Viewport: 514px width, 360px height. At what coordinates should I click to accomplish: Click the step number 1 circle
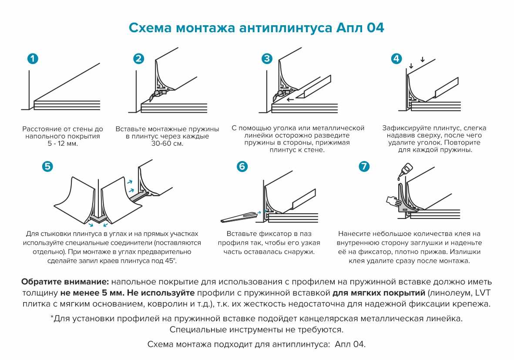pos(32,59)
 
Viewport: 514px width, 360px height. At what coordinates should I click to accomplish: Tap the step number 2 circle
pos(138,59)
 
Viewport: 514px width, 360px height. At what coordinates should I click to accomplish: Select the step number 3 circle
pos(267,59)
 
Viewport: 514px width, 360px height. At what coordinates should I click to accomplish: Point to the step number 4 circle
pos(396,59)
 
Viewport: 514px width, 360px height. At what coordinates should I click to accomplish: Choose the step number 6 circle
pos(242,166)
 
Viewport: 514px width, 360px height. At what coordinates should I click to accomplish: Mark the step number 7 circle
pos(364,166)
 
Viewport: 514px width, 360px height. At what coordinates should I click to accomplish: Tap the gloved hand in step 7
pos(393,201)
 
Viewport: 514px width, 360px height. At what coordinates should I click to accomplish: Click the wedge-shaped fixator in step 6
pos(239,216)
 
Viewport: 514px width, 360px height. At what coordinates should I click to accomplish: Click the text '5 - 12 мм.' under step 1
pos(63,143)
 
